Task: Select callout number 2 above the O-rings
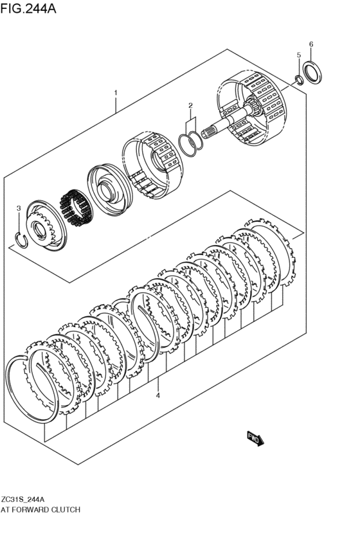(190, 105)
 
